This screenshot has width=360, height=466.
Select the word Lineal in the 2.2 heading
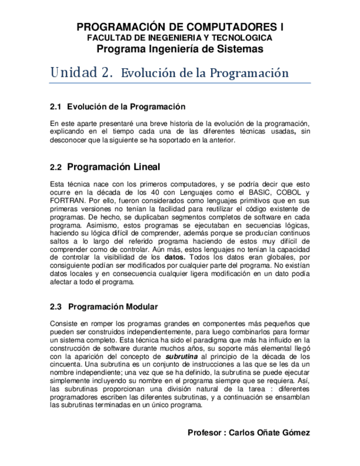[x=146, y=167]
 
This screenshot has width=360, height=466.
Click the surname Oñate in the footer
[x=269, y=432]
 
